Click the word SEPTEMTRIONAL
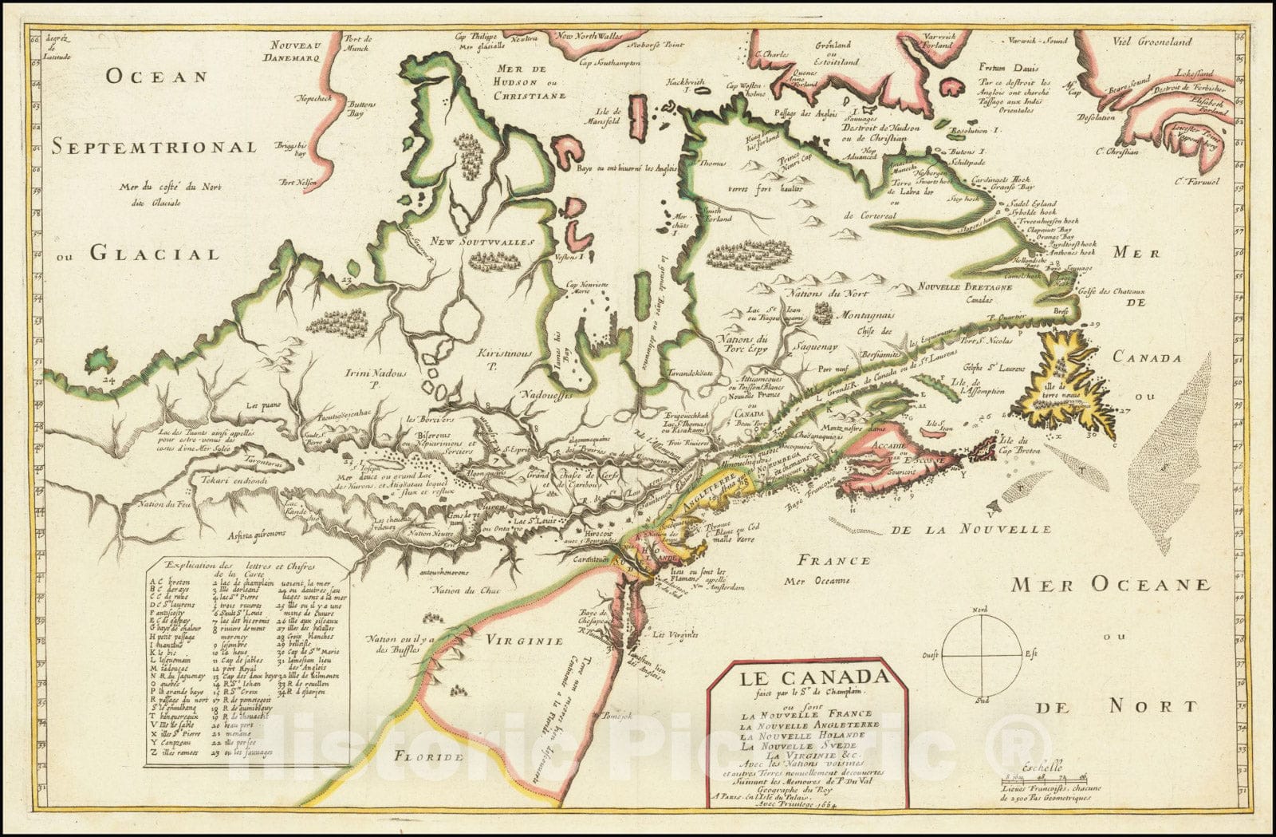(x=155, y=147)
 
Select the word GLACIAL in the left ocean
(x=154, y=254)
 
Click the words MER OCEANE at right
(x=1111, y=585)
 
